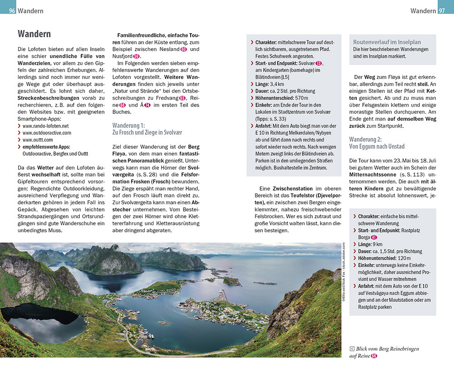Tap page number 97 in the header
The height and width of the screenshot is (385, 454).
(442, 10)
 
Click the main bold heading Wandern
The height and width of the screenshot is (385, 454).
(34, 34)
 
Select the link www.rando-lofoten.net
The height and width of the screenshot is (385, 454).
(45, 125)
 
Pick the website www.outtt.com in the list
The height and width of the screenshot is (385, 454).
(38, 140)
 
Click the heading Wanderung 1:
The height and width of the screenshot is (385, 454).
(128, 125)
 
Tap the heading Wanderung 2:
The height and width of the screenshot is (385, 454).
(365, 139)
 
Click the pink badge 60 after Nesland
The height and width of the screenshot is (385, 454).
(183, 49)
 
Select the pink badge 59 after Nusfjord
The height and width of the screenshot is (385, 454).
(136, 56)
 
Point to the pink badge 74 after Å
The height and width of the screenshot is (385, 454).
(147, 105)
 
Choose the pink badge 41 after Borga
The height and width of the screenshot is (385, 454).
(374, 237)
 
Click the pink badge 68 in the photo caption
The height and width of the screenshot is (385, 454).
(374, 356)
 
